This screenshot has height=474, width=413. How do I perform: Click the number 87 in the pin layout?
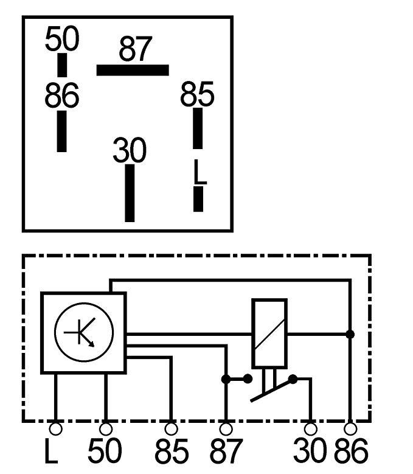(x=136, y=49)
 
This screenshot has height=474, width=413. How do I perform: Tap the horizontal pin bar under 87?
(x=133, y=70)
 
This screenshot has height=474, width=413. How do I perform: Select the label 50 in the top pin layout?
(x=62, y=38)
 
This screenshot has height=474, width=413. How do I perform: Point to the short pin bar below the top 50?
(x=62, y=65)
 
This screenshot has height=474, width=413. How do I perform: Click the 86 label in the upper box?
(x=62, y=95)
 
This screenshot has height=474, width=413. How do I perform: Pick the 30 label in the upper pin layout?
(x=130, y=150)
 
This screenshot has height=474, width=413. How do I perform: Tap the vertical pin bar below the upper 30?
(x=130, y=193)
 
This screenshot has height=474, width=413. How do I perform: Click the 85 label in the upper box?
(x=197, y=94)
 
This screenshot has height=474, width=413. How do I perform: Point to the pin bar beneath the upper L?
(x=198, y=199)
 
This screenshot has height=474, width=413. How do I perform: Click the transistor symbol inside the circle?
(x=80, y=332)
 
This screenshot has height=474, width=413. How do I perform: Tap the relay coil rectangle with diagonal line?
(x=269, y=333)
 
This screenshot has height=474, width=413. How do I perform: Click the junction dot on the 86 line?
(x=350, y=334)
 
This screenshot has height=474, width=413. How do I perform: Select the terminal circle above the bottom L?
(x=55, y=429)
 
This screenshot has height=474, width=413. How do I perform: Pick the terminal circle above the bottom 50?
(x=106, y=429)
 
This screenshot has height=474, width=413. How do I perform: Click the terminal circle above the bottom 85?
(x=172, y=429)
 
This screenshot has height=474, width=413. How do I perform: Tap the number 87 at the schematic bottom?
(x=226, y=451)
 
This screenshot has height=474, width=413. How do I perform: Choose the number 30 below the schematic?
(x=310, y=451)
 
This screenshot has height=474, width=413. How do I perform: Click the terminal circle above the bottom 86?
(x=350, y=429)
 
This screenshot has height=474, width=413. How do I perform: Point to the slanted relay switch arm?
(x=272, y=391)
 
